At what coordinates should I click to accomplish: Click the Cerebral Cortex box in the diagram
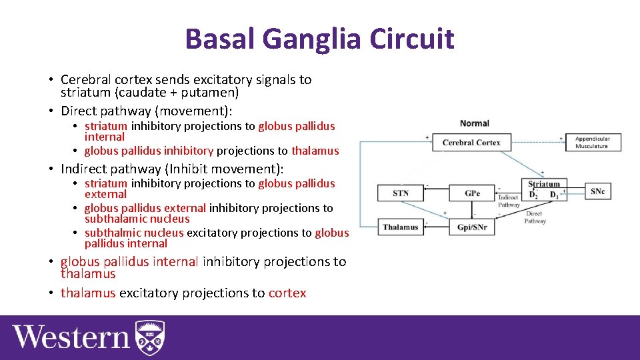[471, 142]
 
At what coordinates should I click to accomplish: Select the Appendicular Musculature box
[593, 142]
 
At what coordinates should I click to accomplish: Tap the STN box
[401, 193]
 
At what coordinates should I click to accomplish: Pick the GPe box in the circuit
[472, 193]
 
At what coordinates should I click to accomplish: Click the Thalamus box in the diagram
[401, 227]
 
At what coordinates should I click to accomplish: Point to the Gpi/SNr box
[472, 227]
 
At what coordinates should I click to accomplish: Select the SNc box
[597, 191]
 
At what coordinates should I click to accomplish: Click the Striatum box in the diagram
[544, 189]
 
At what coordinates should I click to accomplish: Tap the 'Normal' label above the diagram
[474, 123]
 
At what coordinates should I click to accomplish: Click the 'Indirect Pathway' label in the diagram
[509, 201]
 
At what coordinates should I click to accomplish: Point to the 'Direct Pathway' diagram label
[535, 217]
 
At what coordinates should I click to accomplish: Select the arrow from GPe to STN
[436, 193]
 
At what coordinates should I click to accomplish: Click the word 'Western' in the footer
[71, 337]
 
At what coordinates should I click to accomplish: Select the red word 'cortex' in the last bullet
[287, 293]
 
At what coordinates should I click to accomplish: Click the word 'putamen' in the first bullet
[205, 93]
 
